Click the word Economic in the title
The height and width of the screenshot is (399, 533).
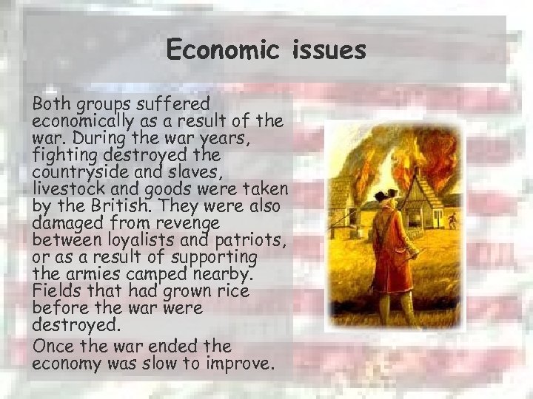pyautogui.click(x=220, y=50)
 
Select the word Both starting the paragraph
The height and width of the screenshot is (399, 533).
pyautogui.click(x=51, y=104)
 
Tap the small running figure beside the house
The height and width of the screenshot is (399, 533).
pyautogui.click(x=452, y=219)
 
